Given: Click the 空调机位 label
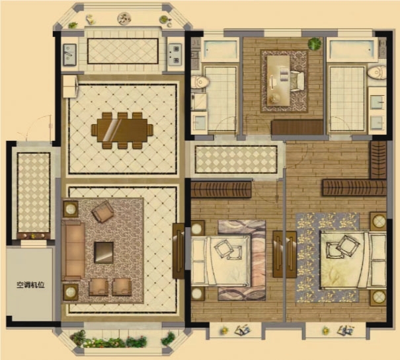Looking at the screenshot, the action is (x=30, y=285).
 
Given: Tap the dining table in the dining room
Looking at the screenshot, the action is (x=122, y=130).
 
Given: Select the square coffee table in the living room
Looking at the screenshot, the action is (x=104, y=252).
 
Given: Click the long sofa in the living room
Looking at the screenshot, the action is (x=73, y=250).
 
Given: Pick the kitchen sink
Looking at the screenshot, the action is (x=69, y=55).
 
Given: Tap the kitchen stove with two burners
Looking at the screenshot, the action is (x=175, y=54).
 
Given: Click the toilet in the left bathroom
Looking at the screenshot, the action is (x=200, y=82).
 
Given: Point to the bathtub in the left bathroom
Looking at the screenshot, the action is (x=220, y=50).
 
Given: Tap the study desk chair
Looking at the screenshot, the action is (x=297, y=81).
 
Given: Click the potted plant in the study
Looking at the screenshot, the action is (x=314, y=44).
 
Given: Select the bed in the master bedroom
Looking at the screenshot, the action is (x=353, y=260).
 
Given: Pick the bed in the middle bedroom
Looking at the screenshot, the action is (x=221, y=260).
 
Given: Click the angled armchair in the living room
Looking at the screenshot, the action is (x=102, y=211).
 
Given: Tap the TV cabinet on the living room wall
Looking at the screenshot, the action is (x=179, y=251).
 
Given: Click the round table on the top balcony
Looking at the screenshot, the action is (x=124, y=18).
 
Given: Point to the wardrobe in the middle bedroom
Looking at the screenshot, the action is (x=221, y=189).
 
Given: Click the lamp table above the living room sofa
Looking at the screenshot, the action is (x=70, y=209).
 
